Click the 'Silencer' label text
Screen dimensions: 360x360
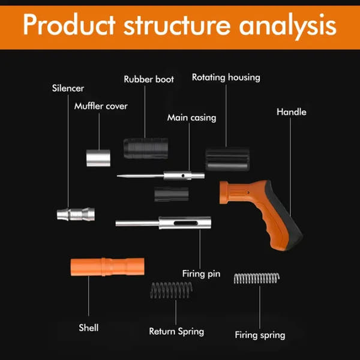[x=67, y=89]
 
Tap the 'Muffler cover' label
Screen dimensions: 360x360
[x=101, y=106]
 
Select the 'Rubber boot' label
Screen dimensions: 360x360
[x=149, y=79]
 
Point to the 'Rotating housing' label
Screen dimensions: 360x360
[x=226, y=77]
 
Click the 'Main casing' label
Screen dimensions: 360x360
[x=191, y=118]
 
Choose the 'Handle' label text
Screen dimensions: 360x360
[x=291, y=112]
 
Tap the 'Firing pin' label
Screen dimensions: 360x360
[x=201, y=274]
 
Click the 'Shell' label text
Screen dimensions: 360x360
[x=89, y=328]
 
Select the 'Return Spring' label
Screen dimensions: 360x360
[x=176, y=331]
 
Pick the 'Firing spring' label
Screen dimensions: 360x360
[x=259, y=335]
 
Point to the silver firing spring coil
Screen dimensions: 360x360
[x=256, y=278]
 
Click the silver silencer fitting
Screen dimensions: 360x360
[x=74, y=214]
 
